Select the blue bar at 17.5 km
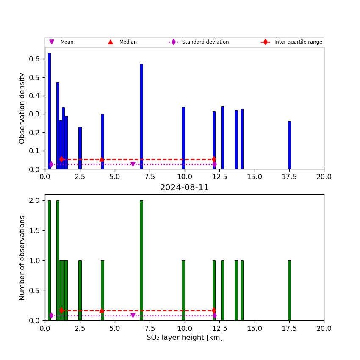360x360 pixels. tap(289, 145)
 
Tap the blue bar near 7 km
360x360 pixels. tap(141, 116)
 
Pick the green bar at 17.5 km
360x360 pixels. tap(289, 291)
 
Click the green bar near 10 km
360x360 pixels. tap(183, 291)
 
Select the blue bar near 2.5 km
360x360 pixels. tap(80, 148)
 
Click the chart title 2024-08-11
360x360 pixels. tap(184, 188)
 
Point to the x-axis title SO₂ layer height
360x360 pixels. tap(184, 338)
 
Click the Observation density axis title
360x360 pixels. tap(22, 108)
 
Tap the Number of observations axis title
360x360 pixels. tap(22, 258)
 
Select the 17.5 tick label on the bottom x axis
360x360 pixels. tap(289, 329)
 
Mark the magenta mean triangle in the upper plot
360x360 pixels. tap(133, 164)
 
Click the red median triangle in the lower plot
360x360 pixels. tap(102, 310)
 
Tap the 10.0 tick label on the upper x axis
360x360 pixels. tap(184, 177)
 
